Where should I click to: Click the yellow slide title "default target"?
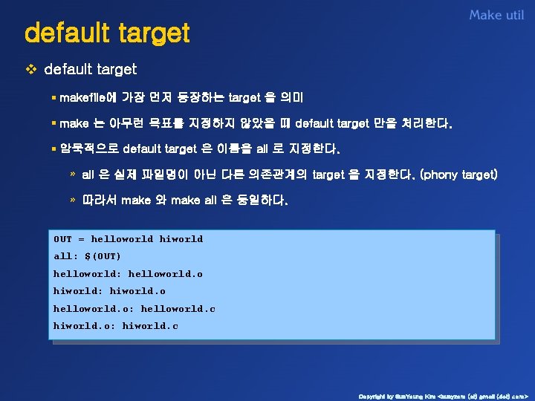pyautogui.click(x=107, y=33)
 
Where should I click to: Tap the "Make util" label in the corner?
pyautogui.click(x=496, y=15)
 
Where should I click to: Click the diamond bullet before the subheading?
pyautogui.click(x=30, y=70)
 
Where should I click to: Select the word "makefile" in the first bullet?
pyautogui.click(x=82, y=97)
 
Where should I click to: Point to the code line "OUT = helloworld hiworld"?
pyautogui.click(x=128, y=239)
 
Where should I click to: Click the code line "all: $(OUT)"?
pyautogui.click(x=87, y=256)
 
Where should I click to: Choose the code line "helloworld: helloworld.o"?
pyautogui.click(x=128, y=274)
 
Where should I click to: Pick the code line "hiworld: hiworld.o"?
pyautogui.click(x=109, y=291)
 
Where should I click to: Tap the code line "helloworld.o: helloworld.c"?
pyautogui.click(x=134, y=309)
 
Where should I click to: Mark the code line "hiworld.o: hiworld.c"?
pyautogui.click(x=116, y=326)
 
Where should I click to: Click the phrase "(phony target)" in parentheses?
pyautogui.click(x=458, y=175)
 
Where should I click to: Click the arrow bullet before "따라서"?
pyautogui.click(x=72, y=200)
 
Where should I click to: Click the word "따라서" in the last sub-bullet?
pyautogui.click(x=99, y=200)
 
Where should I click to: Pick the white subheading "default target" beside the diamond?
pyautogui.click(x=91, y=70)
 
